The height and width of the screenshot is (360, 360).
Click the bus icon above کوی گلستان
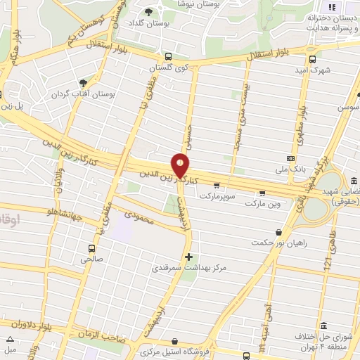click(x=167, y=57)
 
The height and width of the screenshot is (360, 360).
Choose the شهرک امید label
click(x=313, y=70)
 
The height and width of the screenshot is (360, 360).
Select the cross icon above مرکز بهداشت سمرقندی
click(x=188, y=257)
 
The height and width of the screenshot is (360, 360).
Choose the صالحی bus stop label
click(x=91, y=259)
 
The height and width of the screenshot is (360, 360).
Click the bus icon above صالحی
click(x=91, y=247)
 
